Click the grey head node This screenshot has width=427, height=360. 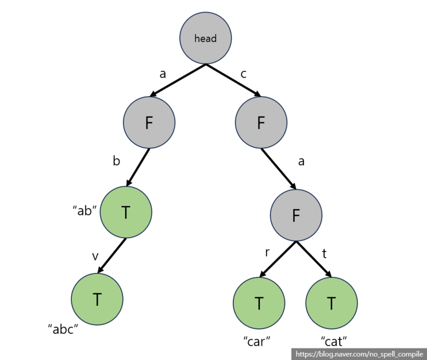pyautogui.click(x=205, y=38)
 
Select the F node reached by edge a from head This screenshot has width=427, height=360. pyautogui.click(x=149, y=122)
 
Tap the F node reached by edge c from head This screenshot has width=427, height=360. pyautogui.click(x=261, y=122)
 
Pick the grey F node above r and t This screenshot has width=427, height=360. pyautogui.click(x=296, y=215)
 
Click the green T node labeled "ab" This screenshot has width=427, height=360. pyautogui.click(x=126, y=212)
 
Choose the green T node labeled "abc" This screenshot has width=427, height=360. pyautogui.click(x=97, y=299)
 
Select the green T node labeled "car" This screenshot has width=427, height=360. pyautogui.click(x=259, y=303)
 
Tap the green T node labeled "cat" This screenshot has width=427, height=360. pyautogui.click(x=332, y=303)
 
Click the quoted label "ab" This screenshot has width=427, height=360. pyautogui.click(x=84, y=210)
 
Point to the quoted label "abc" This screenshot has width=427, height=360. pyautogui.click(x=63, y=329)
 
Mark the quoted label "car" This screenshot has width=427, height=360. pyautogui.click(x=257, y=340)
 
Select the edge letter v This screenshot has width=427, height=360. pyautogui.click(x=95, y=256)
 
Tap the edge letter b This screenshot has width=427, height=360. pyautogui.click(x=116, y=161)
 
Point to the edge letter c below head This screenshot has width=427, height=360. pyautogui.click(x=244, y=73)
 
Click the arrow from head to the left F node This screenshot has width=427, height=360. pyautogui.click(x=179, y=80)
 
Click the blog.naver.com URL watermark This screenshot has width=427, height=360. pyautogui.click(x=359, y=354)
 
